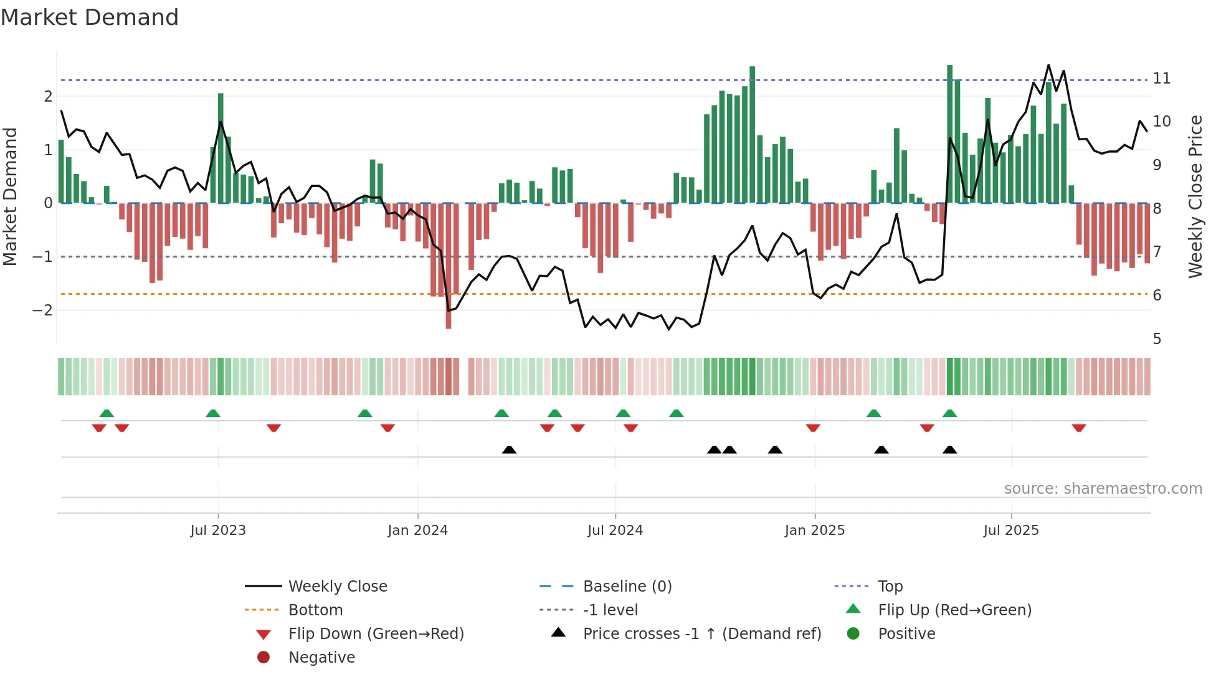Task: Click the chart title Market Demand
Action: click(x=90, y=17)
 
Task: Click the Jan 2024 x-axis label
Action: click(x=417, y=531)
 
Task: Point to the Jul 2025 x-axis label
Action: click(x=1011, y=531)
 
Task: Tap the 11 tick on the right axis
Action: click(x=1161, y=79)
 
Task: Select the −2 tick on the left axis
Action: click(x=42, y=310)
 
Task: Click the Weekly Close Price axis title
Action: click(x=1195, y=196)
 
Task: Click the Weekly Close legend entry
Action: click(x=337, y=587)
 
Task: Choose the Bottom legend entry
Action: click(x=315, y=610)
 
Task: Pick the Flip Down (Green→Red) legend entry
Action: click(x=376, y=634)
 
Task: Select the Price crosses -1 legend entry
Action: click(x=701, y=634)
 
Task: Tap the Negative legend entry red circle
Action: click(x=264, y=658)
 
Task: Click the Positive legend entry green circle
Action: click(x=853, y=634)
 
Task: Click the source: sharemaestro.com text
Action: click(x=1103, y=489)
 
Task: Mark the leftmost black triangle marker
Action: click(x=509, y=449)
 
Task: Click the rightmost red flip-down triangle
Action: click(x=1079, y=428)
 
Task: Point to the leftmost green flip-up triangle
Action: click(x=107, y=413)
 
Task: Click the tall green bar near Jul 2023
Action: click(x=221, y=148)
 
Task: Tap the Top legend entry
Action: click(x=890, y=587)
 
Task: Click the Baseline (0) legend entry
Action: click(x=627, y=587)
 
